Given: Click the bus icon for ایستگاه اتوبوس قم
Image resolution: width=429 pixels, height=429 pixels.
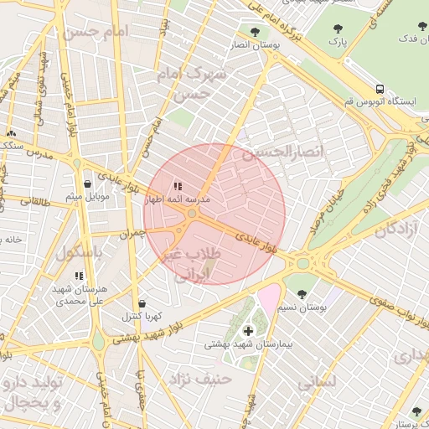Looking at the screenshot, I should tap(380, 88).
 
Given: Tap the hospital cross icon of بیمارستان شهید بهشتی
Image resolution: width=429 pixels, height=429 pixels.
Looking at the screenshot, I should tap(247, 331).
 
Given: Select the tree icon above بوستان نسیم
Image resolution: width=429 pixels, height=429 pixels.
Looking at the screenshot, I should tap(302, 294).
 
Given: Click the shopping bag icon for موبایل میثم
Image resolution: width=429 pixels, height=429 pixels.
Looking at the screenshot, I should tap(87, 183).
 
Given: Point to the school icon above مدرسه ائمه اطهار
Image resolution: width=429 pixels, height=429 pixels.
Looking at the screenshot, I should tap(177, 187).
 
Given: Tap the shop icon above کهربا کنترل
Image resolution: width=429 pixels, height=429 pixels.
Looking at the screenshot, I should tap(141, 303).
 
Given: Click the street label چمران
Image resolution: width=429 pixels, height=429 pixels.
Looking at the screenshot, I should tap(132, 234).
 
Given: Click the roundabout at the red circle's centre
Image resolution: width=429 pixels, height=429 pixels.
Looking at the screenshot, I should tap(193, 214).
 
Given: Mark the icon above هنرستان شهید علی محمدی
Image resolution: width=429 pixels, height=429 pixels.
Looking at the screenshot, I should tap(80, 276).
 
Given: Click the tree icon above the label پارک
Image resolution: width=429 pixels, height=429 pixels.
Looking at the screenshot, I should tap(337, 26).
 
